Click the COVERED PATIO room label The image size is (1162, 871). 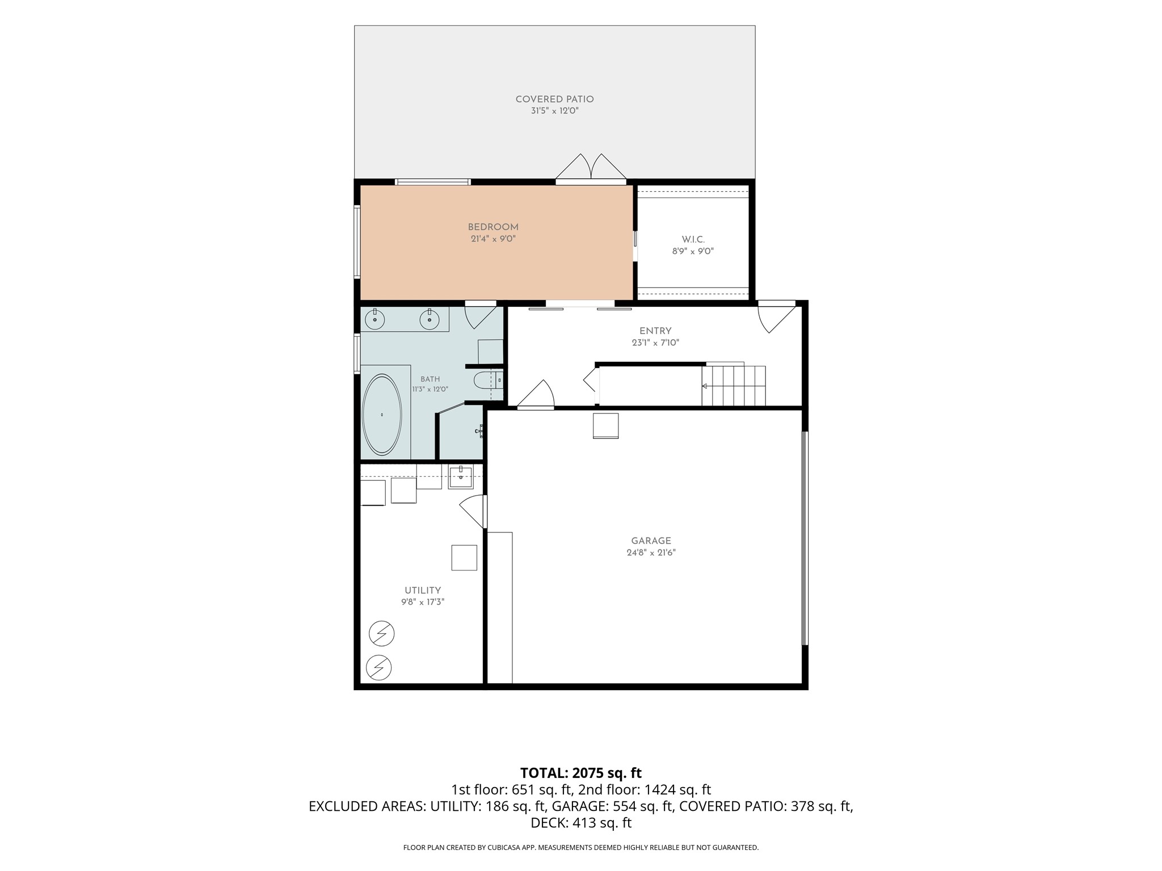[x=554, y=99]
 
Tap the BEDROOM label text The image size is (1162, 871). [x=493, y=227]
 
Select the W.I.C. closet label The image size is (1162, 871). [x=693, y=240]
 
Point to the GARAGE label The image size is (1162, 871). [x=651, y=541]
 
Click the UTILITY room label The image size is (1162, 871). [x=423, y=590]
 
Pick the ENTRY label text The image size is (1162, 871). [x=655, y=331]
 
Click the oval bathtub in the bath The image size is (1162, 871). [x=382, y=415]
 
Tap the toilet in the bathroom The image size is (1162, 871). [x=489, y=379]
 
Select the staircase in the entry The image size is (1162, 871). [x=734, y=385]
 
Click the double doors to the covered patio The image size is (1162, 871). [x=591, y=169]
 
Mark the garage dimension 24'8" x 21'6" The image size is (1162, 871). [x=651, y=553]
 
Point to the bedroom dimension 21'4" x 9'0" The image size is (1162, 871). [x=493, y=239]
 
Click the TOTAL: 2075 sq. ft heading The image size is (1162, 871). [x=581, y=773]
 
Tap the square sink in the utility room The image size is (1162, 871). [x=460, y=477]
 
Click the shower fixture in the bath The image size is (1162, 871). [x=479, y=431]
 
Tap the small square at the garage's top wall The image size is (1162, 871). [x=605, y=426]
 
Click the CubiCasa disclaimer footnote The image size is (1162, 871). [x=581, y=848]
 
